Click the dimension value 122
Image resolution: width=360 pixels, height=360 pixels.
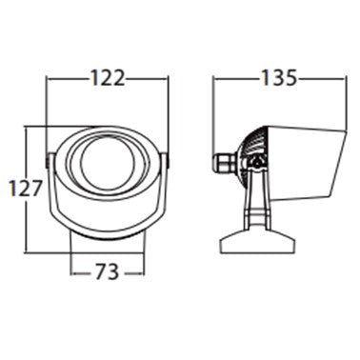pos(108,78)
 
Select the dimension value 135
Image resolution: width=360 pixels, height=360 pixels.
pos(279,77)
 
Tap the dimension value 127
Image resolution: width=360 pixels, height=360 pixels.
pos(26,189)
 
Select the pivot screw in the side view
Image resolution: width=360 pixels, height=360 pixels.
pos(256,163)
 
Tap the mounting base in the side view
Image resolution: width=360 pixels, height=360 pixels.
pos(258,242)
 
